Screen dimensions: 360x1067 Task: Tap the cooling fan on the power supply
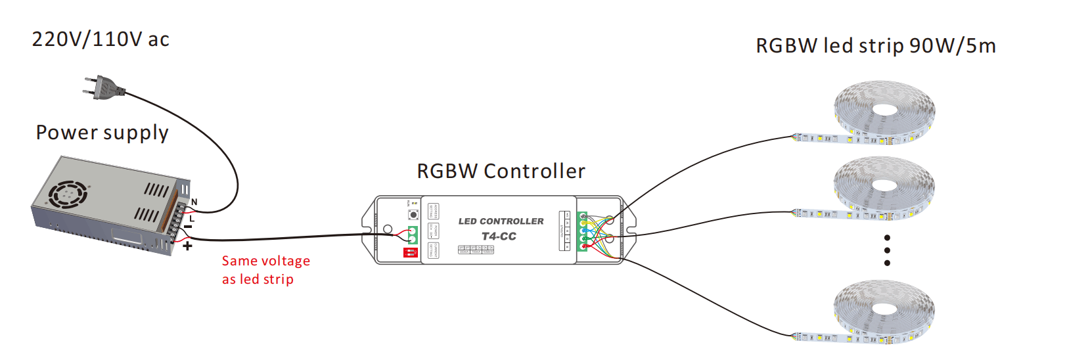(x=68, y=194)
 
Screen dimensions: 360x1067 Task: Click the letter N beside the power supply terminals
(x=194, y=202)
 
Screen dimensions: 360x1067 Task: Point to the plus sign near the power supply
(x=187, y=246)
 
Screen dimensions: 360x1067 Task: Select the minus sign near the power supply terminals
(x=188, y=227)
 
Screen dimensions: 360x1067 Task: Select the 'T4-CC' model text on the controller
(x=499, y=236)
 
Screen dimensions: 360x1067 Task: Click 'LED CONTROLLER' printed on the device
(x=501, y=221)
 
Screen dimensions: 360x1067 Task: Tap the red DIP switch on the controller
(x=410, y=252)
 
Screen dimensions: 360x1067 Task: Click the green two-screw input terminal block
(x=413, y=235)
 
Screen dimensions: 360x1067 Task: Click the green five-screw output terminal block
(x=582, y=231)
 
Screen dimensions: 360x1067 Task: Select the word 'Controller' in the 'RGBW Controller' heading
(x=533, y=171)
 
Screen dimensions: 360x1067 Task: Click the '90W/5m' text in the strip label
(x=953, y=46)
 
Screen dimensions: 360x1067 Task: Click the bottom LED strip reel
(x=884, y=311)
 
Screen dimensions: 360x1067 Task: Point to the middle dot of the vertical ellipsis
(x=887, y=250)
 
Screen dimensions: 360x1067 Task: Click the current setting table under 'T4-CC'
(x=476, y=250)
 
